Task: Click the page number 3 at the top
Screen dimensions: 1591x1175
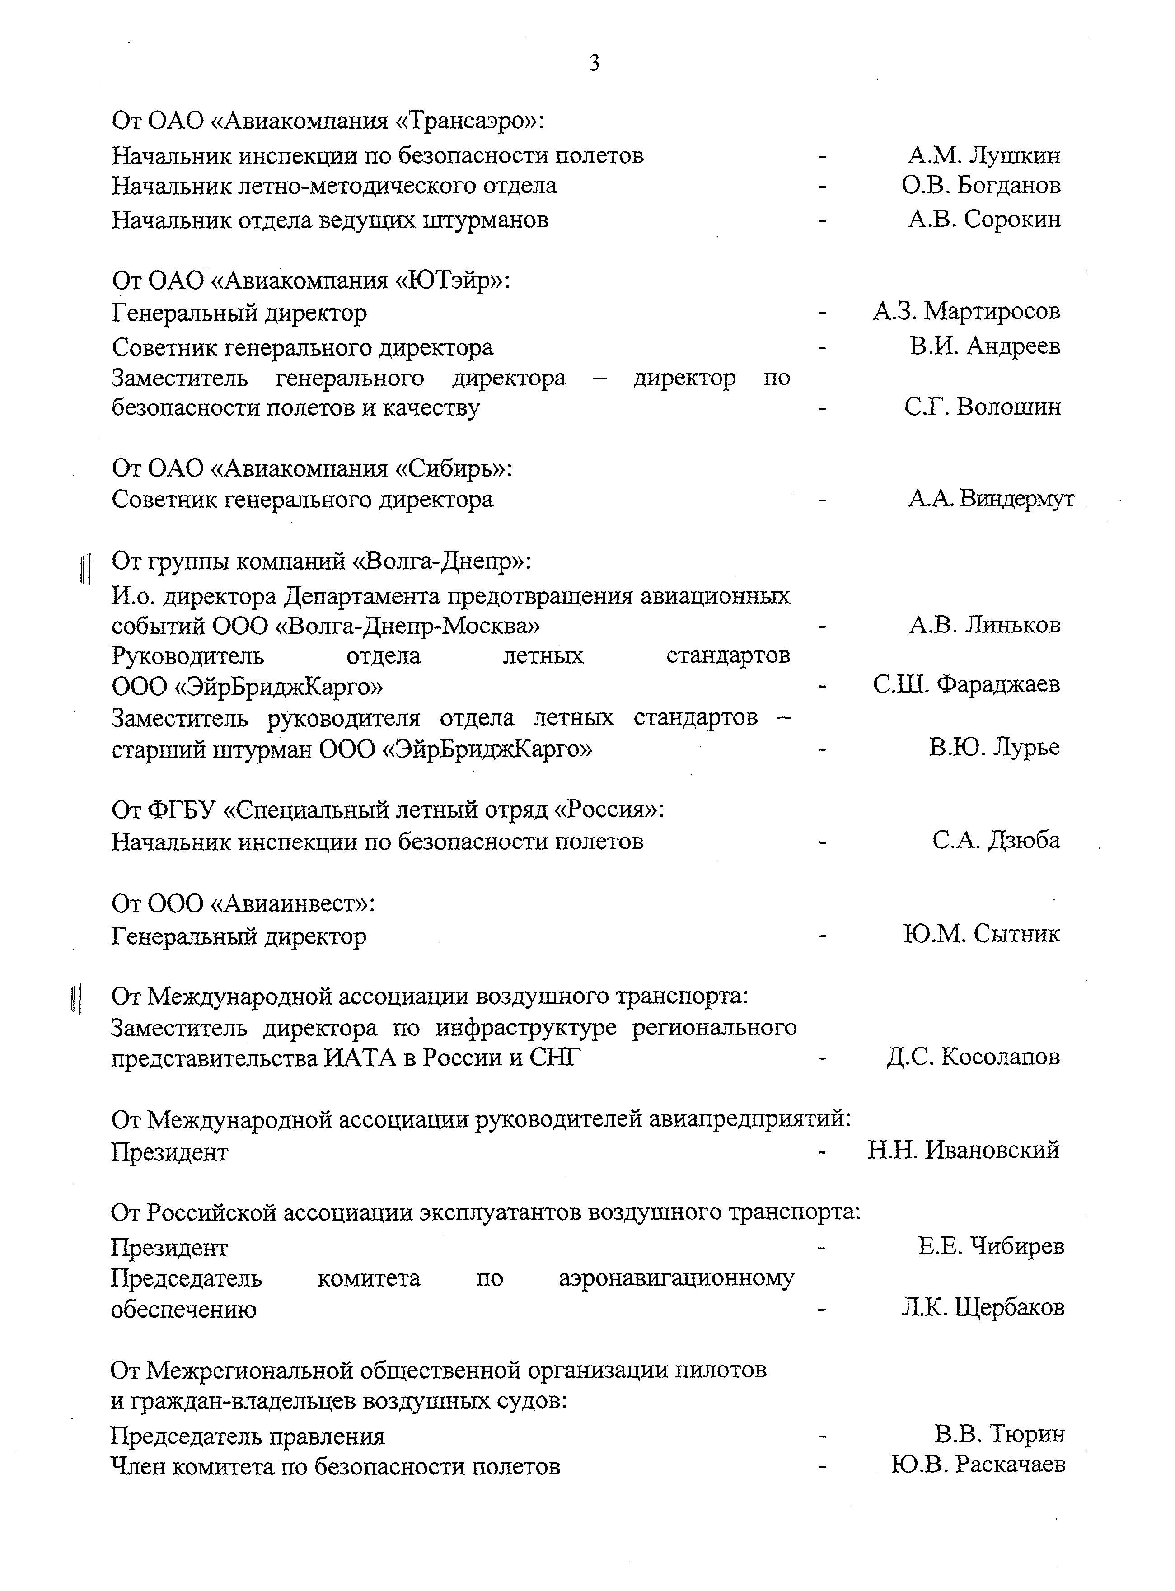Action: (x=594, y=64)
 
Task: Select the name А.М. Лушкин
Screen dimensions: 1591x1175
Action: (x=983, y=155)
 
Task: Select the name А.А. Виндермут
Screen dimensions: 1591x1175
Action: (x=991, y=499)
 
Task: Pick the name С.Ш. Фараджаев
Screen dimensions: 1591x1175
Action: (x=967, y=684)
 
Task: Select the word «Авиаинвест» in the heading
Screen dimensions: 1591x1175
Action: (x=292, y=904)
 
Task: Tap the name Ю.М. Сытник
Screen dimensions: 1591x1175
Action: (x=982, y=934)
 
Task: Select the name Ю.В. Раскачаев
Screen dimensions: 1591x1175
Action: (x=978, y=1465)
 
